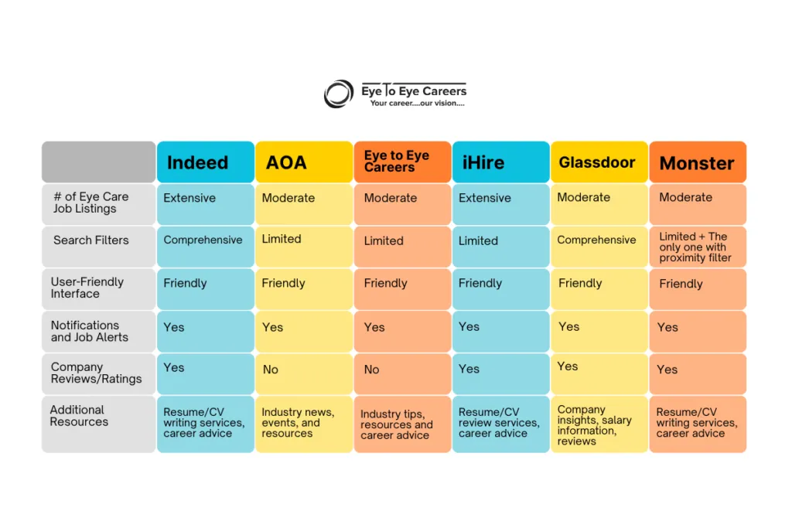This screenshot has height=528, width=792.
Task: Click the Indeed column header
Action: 206,162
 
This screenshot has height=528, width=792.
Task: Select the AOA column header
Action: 304,162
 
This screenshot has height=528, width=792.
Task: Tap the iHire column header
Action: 501,162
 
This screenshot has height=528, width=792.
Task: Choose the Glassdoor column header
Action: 599,162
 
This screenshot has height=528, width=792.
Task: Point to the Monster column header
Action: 698,162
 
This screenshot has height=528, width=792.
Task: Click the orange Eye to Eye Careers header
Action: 402,162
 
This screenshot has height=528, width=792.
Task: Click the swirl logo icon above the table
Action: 339,94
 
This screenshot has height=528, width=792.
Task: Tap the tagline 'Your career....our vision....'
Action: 417,104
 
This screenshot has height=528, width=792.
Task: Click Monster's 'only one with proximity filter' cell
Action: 698,247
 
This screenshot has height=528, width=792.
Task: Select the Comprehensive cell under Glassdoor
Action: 599,247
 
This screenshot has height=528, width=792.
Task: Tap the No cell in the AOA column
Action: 304,374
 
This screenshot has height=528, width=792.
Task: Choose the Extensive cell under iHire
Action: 501,204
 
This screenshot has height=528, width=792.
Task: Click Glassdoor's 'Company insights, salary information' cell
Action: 599,424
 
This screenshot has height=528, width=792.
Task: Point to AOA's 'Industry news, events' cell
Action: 304,424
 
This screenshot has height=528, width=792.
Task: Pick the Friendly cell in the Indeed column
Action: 206,289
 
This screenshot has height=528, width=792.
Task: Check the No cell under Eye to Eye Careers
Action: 402,374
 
